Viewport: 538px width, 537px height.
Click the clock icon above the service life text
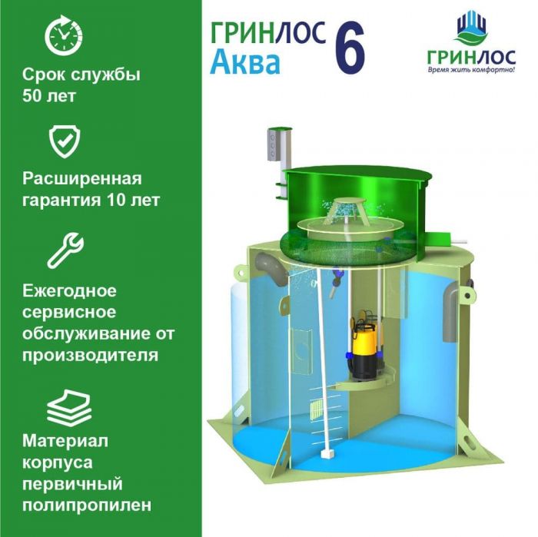(64, 35)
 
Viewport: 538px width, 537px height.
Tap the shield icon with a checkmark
(64, 141)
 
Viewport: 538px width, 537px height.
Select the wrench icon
(65, 250)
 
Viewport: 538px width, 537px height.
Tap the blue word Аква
(245, 63)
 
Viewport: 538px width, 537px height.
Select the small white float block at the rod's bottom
(326, 454)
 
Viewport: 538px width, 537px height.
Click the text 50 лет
(48, 96)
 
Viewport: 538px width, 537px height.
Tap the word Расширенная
(81, 179)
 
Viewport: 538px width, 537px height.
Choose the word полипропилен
(86, 505)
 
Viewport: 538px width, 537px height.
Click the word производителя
(90, 356)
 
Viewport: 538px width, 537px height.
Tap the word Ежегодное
(69, 291)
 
